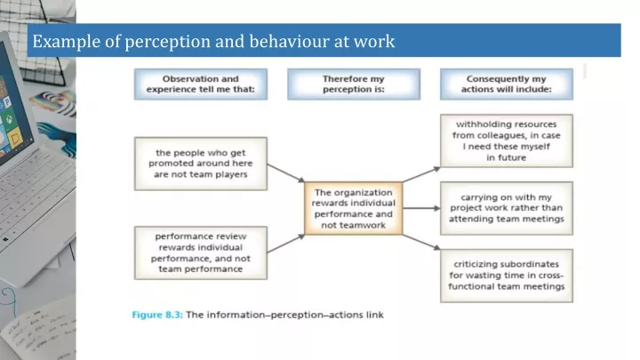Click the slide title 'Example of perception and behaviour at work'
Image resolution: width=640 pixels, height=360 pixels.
[213, 41]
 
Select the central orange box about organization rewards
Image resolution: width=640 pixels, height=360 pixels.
[353, 209]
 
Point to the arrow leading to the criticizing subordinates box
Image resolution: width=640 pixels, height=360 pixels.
[420, 243]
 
